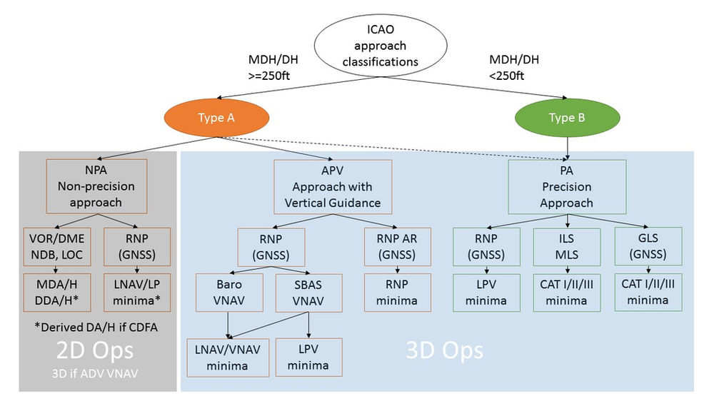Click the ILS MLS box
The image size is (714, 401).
point(567,246)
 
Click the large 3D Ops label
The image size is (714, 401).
point(444,350)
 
